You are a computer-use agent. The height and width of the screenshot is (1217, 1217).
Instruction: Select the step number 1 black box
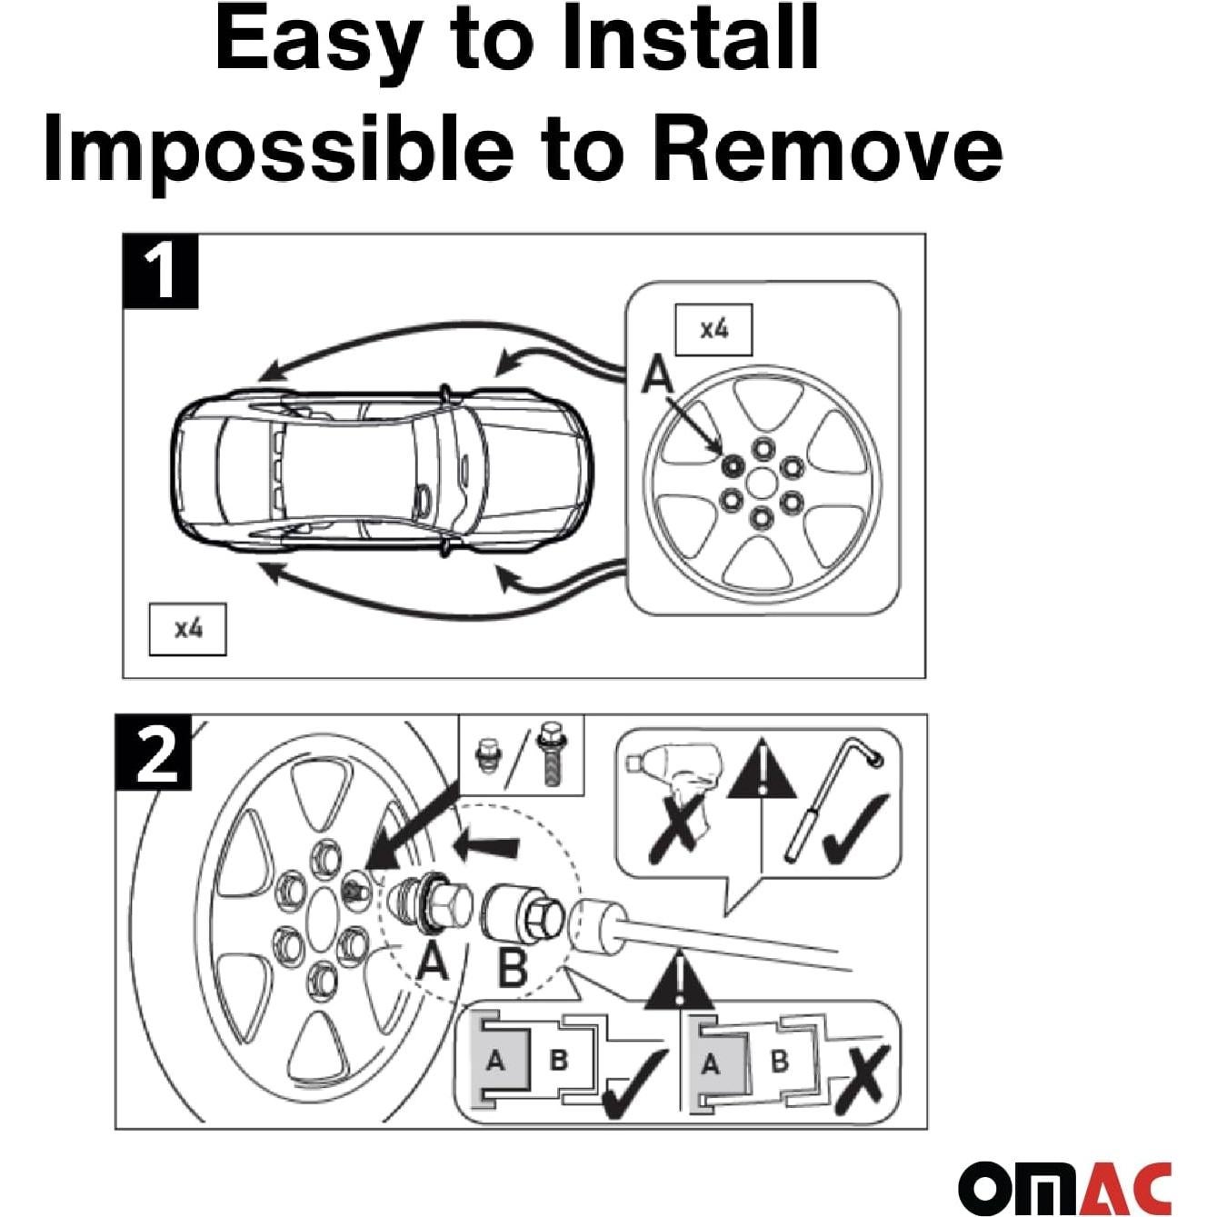[160, 271]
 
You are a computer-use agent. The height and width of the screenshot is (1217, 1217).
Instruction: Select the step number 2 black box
[155, 753]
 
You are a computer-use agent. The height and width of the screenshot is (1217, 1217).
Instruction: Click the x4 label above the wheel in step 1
[713, 329]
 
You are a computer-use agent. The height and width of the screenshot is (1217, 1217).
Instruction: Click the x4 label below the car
[187, 628]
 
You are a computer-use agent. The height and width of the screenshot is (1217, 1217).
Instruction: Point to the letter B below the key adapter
[514, 967]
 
